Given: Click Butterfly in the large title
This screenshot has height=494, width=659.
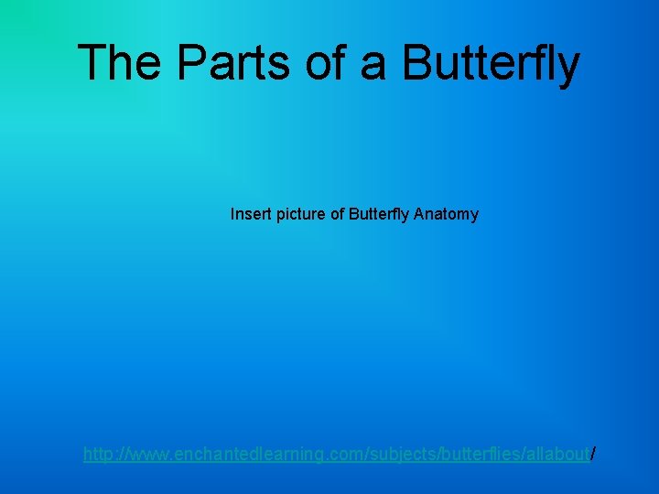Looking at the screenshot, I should (492, 63).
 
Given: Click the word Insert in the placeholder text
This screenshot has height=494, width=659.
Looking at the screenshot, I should (249, 214).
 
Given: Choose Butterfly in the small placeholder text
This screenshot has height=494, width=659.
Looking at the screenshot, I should (379, 214).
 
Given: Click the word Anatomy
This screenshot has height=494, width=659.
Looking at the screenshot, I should (446, 214).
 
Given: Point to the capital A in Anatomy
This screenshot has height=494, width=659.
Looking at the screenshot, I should (418, 214).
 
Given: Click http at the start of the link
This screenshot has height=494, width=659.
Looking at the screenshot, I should (98, 453).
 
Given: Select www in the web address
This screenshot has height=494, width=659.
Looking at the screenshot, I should (150, 453).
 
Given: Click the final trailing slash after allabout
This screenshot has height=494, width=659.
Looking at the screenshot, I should (593, 453).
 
